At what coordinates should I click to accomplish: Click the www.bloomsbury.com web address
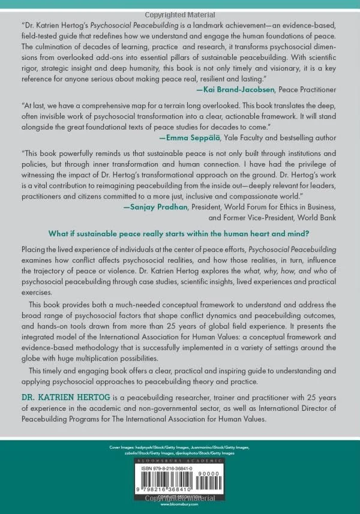pyautogui.click(x=180, y=506)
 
